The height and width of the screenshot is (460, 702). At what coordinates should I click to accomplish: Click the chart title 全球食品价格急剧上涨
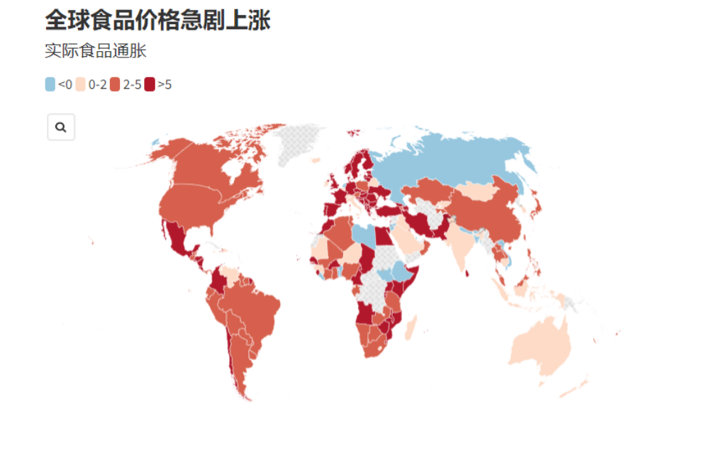[x=157, y=21]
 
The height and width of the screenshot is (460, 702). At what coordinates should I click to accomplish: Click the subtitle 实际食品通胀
[x=95, y=51]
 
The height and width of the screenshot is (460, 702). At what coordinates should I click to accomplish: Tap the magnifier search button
[x=61, y=128]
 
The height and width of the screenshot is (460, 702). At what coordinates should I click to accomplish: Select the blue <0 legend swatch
[x=50, y=84]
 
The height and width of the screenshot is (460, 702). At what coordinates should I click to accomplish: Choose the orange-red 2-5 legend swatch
[x=115, y=84]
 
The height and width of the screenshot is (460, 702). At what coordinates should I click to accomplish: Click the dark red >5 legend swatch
[x=150, y=84]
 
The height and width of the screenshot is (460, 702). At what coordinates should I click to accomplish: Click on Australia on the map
[x=542, y=347]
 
